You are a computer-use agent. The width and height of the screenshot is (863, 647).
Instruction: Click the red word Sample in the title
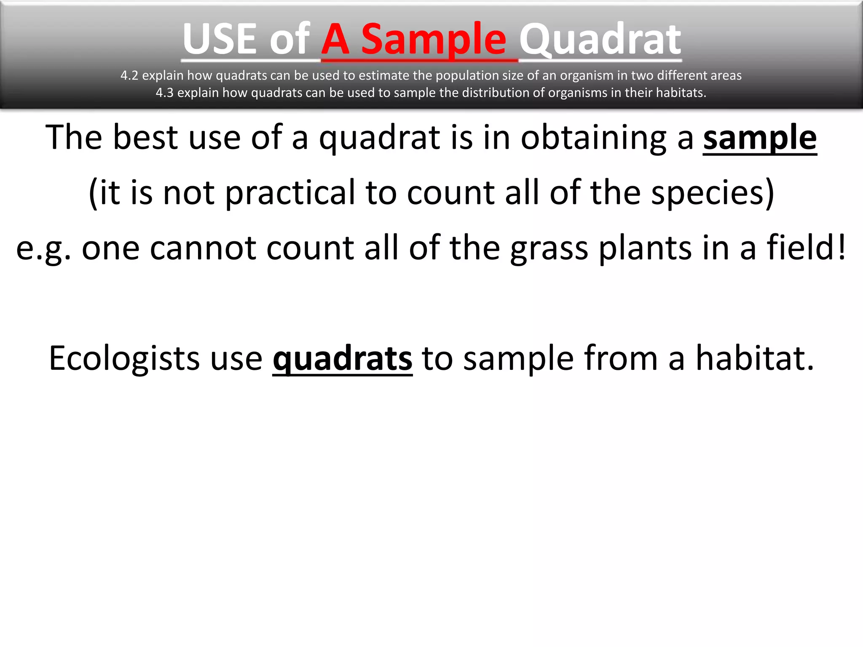[434, 40]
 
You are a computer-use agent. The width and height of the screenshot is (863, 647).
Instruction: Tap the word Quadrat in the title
[600, 40]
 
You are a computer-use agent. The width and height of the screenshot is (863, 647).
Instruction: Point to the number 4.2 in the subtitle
[129, 76]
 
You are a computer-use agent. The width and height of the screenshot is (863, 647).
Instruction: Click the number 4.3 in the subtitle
[164, 93]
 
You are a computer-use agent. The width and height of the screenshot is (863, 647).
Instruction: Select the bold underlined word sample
[760, 138]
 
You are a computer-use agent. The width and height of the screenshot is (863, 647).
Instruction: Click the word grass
[549, 249]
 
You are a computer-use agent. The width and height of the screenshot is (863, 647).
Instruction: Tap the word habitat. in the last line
[754, 358]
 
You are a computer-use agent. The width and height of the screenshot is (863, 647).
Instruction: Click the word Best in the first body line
[145, 137]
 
